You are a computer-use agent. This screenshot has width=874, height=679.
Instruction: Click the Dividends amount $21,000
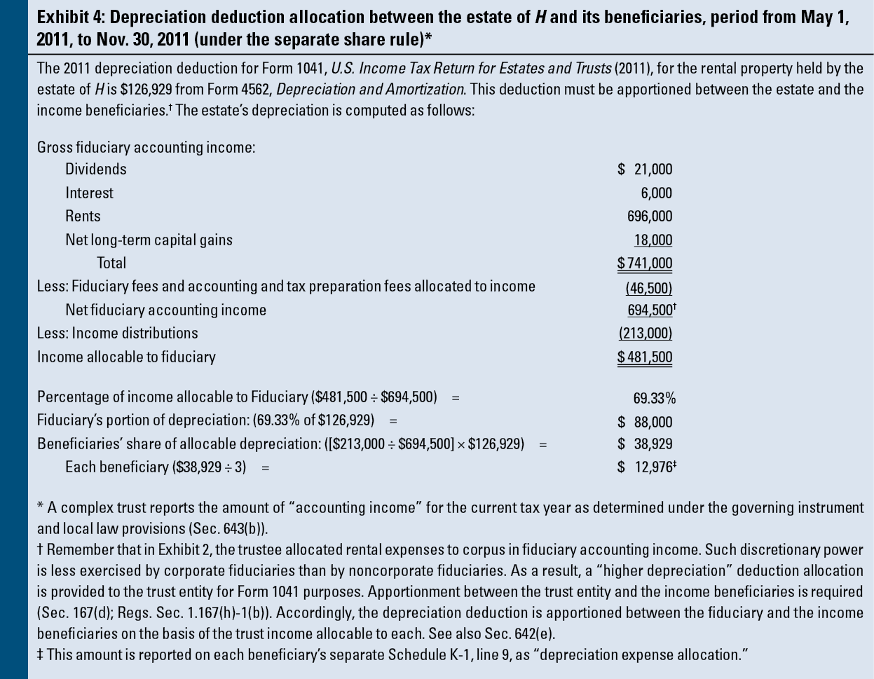tap(646, 169)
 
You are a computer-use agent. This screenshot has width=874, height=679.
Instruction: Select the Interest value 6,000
tap(656, 193)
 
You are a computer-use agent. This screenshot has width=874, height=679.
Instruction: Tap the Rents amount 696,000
tap(650, 216)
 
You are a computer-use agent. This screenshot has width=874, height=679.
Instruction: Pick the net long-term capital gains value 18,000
tap(653, 240)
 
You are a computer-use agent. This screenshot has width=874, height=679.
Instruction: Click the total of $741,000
tap(645, 263)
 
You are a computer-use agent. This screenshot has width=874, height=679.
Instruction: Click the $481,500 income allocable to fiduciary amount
tap(645, 357)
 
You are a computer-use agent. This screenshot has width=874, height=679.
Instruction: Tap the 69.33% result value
tap(655, 398)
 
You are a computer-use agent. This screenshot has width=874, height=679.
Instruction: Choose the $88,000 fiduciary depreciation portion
tap(646, 422)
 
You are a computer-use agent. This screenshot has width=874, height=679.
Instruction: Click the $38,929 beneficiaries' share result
tap(646, 444)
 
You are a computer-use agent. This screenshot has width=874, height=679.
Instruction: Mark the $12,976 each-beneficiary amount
tap(646, 467)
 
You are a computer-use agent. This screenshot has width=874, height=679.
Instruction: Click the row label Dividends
tap(96, 169)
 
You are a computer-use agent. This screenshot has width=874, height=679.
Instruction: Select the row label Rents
tap(83, 216)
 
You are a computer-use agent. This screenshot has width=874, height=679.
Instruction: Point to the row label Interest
tap(89, 193)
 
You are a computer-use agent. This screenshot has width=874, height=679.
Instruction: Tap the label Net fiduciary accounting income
tap(165, 310)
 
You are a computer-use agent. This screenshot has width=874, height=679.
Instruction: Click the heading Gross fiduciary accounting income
tap(146, 147)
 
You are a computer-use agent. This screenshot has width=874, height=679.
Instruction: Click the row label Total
tap(111, 263)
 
